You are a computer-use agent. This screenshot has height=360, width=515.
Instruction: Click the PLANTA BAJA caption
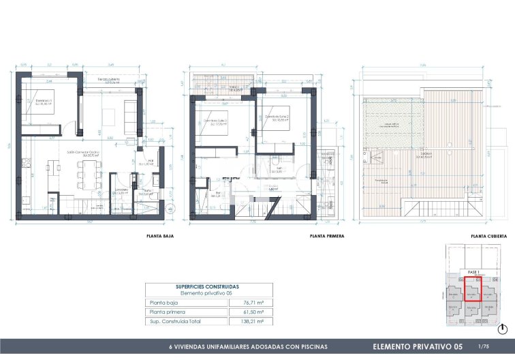(160, 236)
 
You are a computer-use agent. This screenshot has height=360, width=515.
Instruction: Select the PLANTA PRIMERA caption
(326, 236)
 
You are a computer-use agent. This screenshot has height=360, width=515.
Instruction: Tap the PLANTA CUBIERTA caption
(488, 236)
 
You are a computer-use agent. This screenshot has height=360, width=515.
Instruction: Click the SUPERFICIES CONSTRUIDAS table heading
(208, 287)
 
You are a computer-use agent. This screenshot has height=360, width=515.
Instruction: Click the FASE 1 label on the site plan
(473, 272)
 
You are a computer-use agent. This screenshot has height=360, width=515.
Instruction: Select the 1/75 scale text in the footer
(484, 346)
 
